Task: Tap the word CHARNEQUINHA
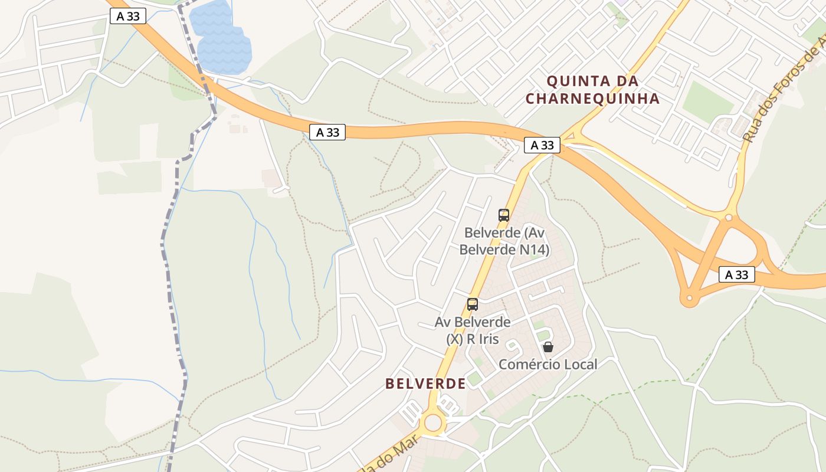pos(592,99)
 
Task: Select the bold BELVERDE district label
pos(425,383)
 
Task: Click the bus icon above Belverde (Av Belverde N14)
pos(503,215)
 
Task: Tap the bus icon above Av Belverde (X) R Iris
pos(472,304)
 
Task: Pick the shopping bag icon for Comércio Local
pos(548,347)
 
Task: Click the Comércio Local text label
pos(548,365)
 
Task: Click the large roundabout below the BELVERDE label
pos(434,422)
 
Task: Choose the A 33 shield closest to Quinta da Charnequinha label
pos(542,145)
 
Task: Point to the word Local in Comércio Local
pos(581,365)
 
